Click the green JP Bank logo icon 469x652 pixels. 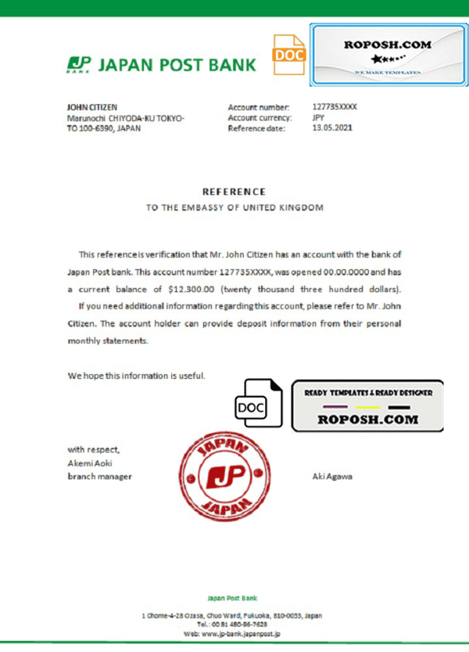77,64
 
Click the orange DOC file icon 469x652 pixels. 288,54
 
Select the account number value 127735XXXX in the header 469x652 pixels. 335,106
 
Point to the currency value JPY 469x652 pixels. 318,117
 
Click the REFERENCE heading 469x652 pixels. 234,191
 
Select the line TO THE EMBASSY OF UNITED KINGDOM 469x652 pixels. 234,207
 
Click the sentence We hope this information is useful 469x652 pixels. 137,376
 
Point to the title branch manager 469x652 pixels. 99,476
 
